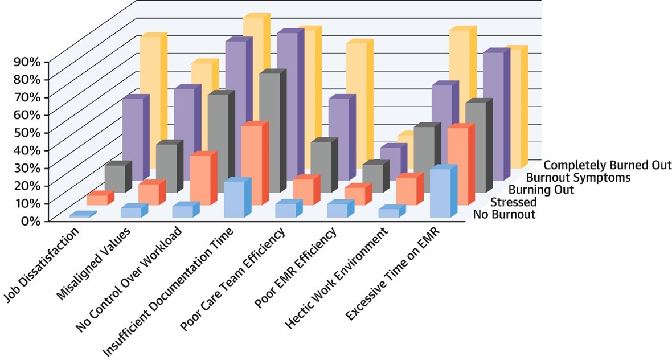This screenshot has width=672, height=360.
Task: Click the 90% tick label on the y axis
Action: [26, 61]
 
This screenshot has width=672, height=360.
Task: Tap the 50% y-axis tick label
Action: [26, 132]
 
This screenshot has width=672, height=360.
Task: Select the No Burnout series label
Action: [504, 215]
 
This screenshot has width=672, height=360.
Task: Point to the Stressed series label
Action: [513, 202]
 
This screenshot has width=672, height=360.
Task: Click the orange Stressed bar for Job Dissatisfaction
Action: [97, 199]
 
